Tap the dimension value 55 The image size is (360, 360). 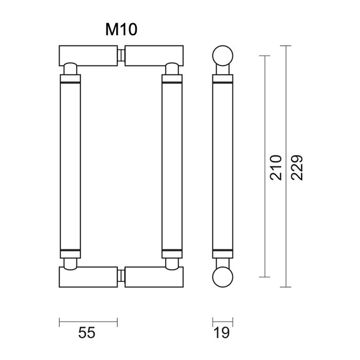(87, 333)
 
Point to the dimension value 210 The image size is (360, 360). (276, 167)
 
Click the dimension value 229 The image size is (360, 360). (296, 167)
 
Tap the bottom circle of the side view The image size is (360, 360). (223, 278)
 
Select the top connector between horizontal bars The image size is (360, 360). (122, 55)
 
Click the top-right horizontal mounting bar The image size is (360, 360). (154, 55)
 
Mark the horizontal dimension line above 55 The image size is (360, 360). (87, 322)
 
